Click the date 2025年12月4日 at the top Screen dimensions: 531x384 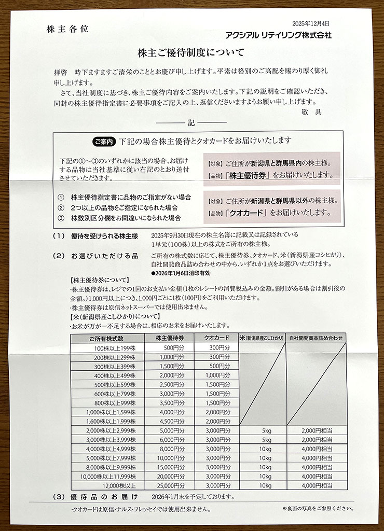tap(311, 23)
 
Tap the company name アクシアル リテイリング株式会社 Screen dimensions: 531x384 tap(278, 35)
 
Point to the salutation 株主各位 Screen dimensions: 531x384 tap(67, 29)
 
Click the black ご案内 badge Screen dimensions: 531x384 tap(105, 141)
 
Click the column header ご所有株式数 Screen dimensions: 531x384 tap(107, 338)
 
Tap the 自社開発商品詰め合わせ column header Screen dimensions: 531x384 tap(317, 338)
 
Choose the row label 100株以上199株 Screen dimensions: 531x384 tap(108, 347)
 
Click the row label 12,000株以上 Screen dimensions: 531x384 tap(108, 485)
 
